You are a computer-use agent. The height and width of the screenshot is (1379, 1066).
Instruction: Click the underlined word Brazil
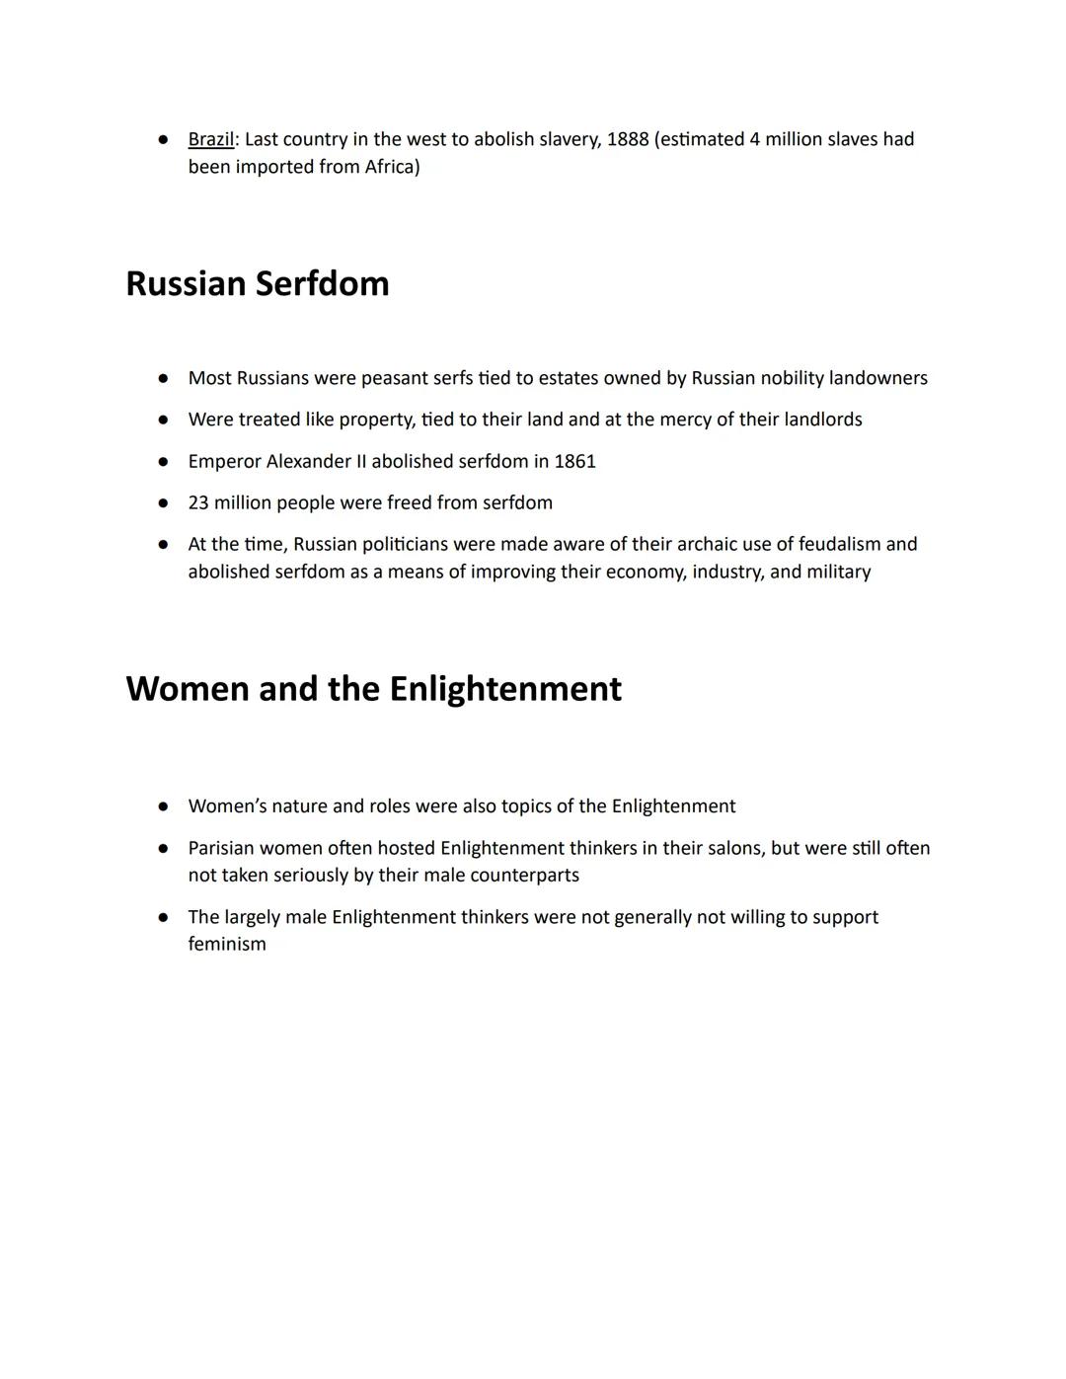210,139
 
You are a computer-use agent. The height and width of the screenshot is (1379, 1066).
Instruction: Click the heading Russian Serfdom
258,284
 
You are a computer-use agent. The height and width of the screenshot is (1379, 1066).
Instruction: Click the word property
376,420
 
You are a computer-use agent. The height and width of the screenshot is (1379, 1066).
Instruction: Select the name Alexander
309,461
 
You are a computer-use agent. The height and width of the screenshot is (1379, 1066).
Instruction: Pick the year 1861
575,461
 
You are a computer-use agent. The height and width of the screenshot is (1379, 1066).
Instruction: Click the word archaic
706,544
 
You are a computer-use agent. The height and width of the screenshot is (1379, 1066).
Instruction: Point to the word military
838,572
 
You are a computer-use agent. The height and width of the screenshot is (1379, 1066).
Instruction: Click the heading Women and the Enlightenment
373,689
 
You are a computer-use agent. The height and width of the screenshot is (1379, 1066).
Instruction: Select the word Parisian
221,848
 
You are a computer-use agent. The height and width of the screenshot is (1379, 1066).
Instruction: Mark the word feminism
227,944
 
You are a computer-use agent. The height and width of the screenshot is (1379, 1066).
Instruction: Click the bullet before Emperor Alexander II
163,461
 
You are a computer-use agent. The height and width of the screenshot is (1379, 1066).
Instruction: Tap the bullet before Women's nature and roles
163,806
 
